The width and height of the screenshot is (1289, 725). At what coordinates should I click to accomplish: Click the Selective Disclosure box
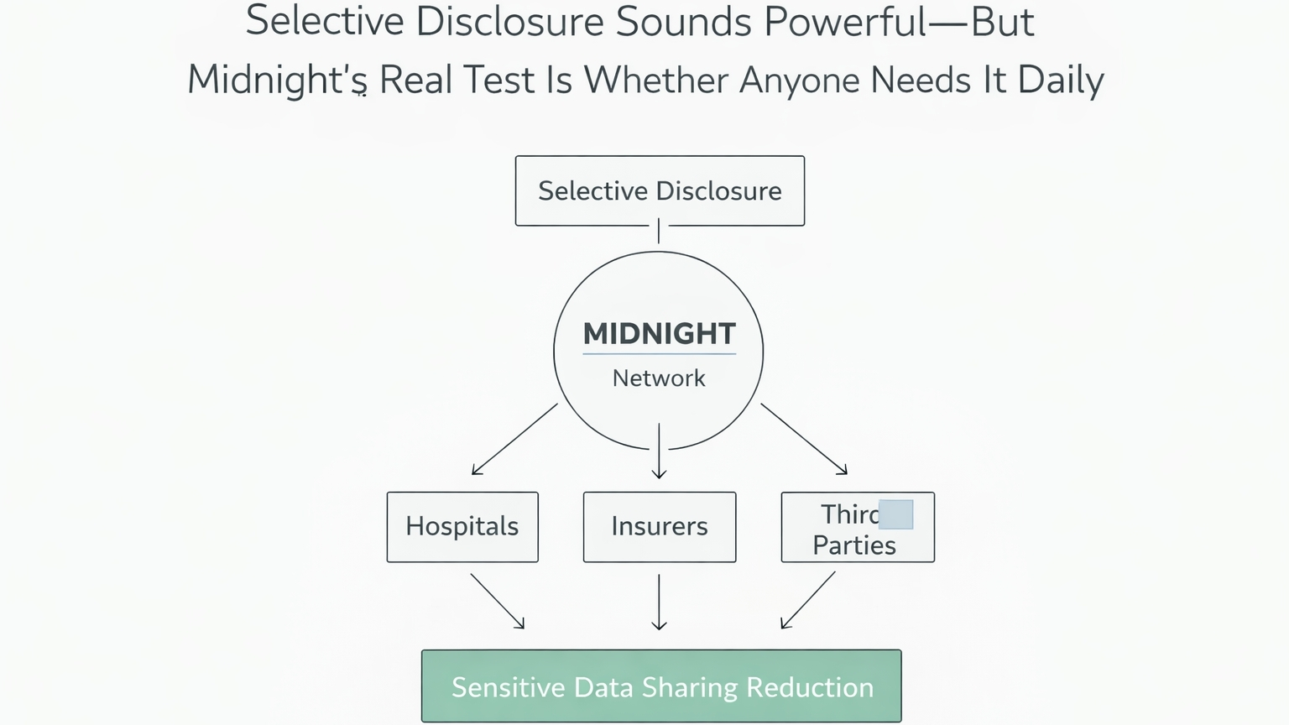[x=660, y=190]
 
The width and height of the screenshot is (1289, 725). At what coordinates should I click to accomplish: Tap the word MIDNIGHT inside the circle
[x=659, y=333]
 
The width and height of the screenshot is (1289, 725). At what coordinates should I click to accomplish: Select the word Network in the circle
[x=659, y=378]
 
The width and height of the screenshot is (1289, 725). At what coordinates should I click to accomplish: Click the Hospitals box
[x=462, y=527]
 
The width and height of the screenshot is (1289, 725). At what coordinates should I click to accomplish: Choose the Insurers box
[x=660, y=527]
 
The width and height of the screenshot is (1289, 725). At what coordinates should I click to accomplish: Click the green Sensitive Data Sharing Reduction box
[x=661, y=686]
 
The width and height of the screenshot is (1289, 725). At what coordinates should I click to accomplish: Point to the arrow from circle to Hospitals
[x=514, y=440]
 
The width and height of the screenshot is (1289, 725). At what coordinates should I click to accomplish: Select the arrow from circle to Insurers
[x=660, y=451]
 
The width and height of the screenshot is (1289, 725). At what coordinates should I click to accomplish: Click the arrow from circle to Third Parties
[x=804, y=439]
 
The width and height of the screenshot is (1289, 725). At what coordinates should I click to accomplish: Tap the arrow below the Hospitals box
[x=498, y=601]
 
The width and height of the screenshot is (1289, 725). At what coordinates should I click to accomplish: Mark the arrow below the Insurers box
[x=660, y=602]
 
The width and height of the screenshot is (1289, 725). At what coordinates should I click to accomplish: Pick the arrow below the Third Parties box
[x=808, y=600]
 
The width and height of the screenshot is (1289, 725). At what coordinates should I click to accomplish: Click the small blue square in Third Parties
[x=895, y=514]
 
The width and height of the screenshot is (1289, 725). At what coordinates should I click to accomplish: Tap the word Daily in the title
[x=1060, y=81]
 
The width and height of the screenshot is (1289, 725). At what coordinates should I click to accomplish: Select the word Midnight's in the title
[x=277, y=81]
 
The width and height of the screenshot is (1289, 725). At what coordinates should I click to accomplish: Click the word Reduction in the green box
[x=810, y=687]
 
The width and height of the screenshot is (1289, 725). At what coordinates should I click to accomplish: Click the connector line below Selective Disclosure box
[x=659, y=231]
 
